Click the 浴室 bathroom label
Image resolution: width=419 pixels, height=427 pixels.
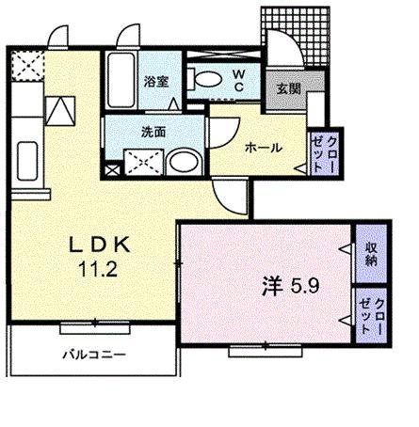155,83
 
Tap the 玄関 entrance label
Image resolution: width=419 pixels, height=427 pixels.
288,90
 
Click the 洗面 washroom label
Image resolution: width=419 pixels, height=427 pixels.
154,132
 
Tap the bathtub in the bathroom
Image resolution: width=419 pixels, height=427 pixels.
121,80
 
